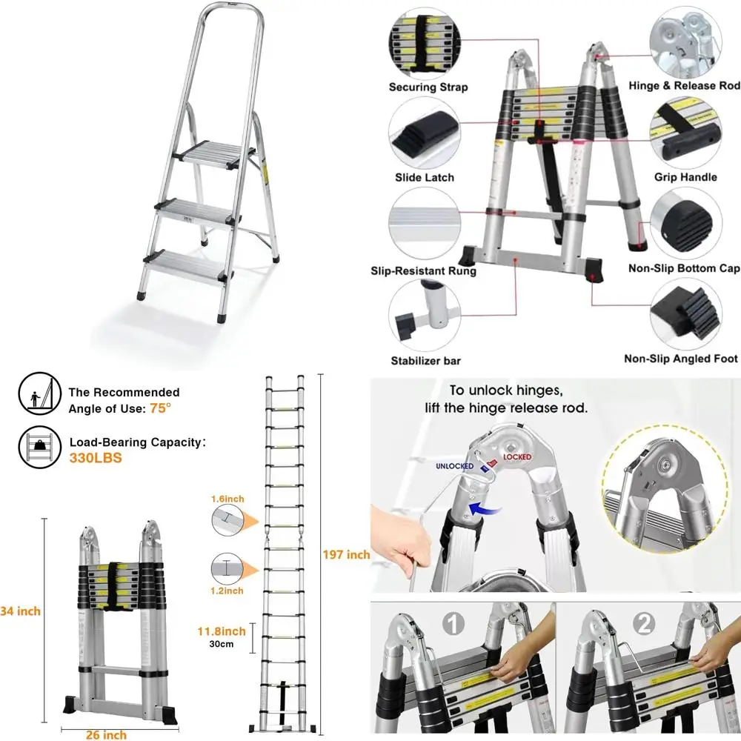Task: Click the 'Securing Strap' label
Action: click(x=428, y=87)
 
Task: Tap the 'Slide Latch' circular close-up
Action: click(x=424, y=133)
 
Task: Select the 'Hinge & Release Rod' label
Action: click(x=684, y=86)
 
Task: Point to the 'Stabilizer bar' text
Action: click(x=426, y=361)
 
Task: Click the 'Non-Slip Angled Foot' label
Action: click(x=681, y=359)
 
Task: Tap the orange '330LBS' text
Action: click(x=96, y=458)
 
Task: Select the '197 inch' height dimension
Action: click(x=346, y=554)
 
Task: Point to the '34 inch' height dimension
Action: click(x=21, y=611)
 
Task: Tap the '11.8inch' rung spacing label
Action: click(x=222, y=631)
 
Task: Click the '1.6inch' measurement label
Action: click(x=226, y=499)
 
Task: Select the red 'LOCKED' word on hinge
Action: click(x=517, y=457)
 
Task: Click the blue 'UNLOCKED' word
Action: click(x=454, y=465)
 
